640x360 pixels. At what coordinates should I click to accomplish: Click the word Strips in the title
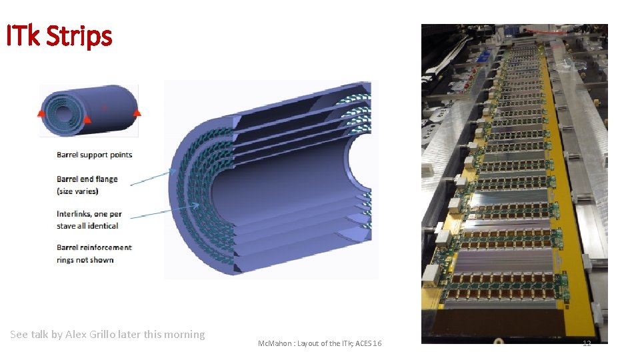(x=79, y=37)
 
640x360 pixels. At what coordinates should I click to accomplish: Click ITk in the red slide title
(x=23, y=35)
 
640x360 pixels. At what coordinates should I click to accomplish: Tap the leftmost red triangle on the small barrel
(x=41, y=113)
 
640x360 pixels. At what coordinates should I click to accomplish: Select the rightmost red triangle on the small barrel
(x=137, y=112)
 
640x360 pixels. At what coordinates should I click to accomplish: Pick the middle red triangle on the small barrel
(x=87, y=119)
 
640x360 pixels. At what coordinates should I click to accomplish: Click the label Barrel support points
(x=94, y=155)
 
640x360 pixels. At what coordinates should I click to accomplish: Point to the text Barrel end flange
(x=87, y=179)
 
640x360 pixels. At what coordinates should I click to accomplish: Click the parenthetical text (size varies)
(x=77, y=191)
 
